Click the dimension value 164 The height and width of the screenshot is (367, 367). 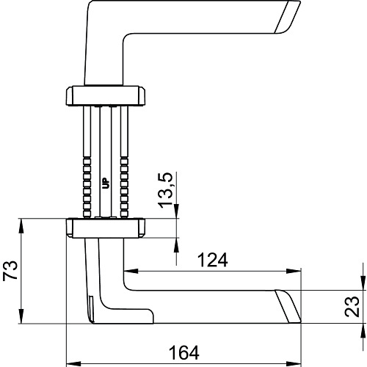pos(184,353)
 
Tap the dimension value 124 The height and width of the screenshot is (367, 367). pos(212,260)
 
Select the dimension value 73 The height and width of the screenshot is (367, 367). pos(10,271)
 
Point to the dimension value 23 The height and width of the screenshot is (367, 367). pos(352,307)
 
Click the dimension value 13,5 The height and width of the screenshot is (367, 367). pos(166,190)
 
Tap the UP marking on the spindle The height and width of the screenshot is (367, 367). pos(106,183)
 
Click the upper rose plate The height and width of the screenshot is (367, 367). pos(106,95)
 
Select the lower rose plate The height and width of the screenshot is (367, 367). pos(106,228)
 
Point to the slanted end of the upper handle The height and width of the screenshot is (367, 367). pos(288,17)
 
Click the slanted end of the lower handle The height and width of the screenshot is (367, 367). pos(288,306)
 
